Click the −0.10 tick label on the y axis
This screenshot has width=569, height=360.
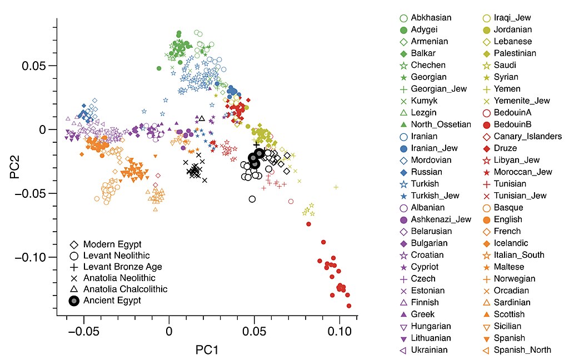(x=32, y=257)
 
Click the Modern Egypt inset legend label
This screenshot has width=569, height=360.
(x=113, y=244)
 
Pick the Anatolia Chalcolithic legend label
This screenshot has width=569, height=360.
(x=125, y=289)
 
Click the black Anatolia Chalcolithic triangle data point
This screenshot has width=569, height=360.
(x=202, y=118)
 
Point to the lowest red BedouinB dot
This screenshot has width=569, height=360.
(x=349, y=306)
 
